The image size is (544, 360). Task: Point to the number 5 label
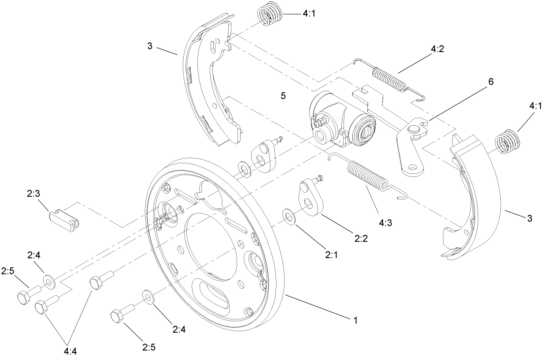(283, 95)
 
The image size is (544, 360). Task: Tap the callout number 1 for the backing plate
(354, 319)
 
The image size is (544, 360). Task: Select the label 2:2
(361, 238)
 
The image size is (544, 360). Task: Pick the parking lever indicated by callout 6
(412, 148)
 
